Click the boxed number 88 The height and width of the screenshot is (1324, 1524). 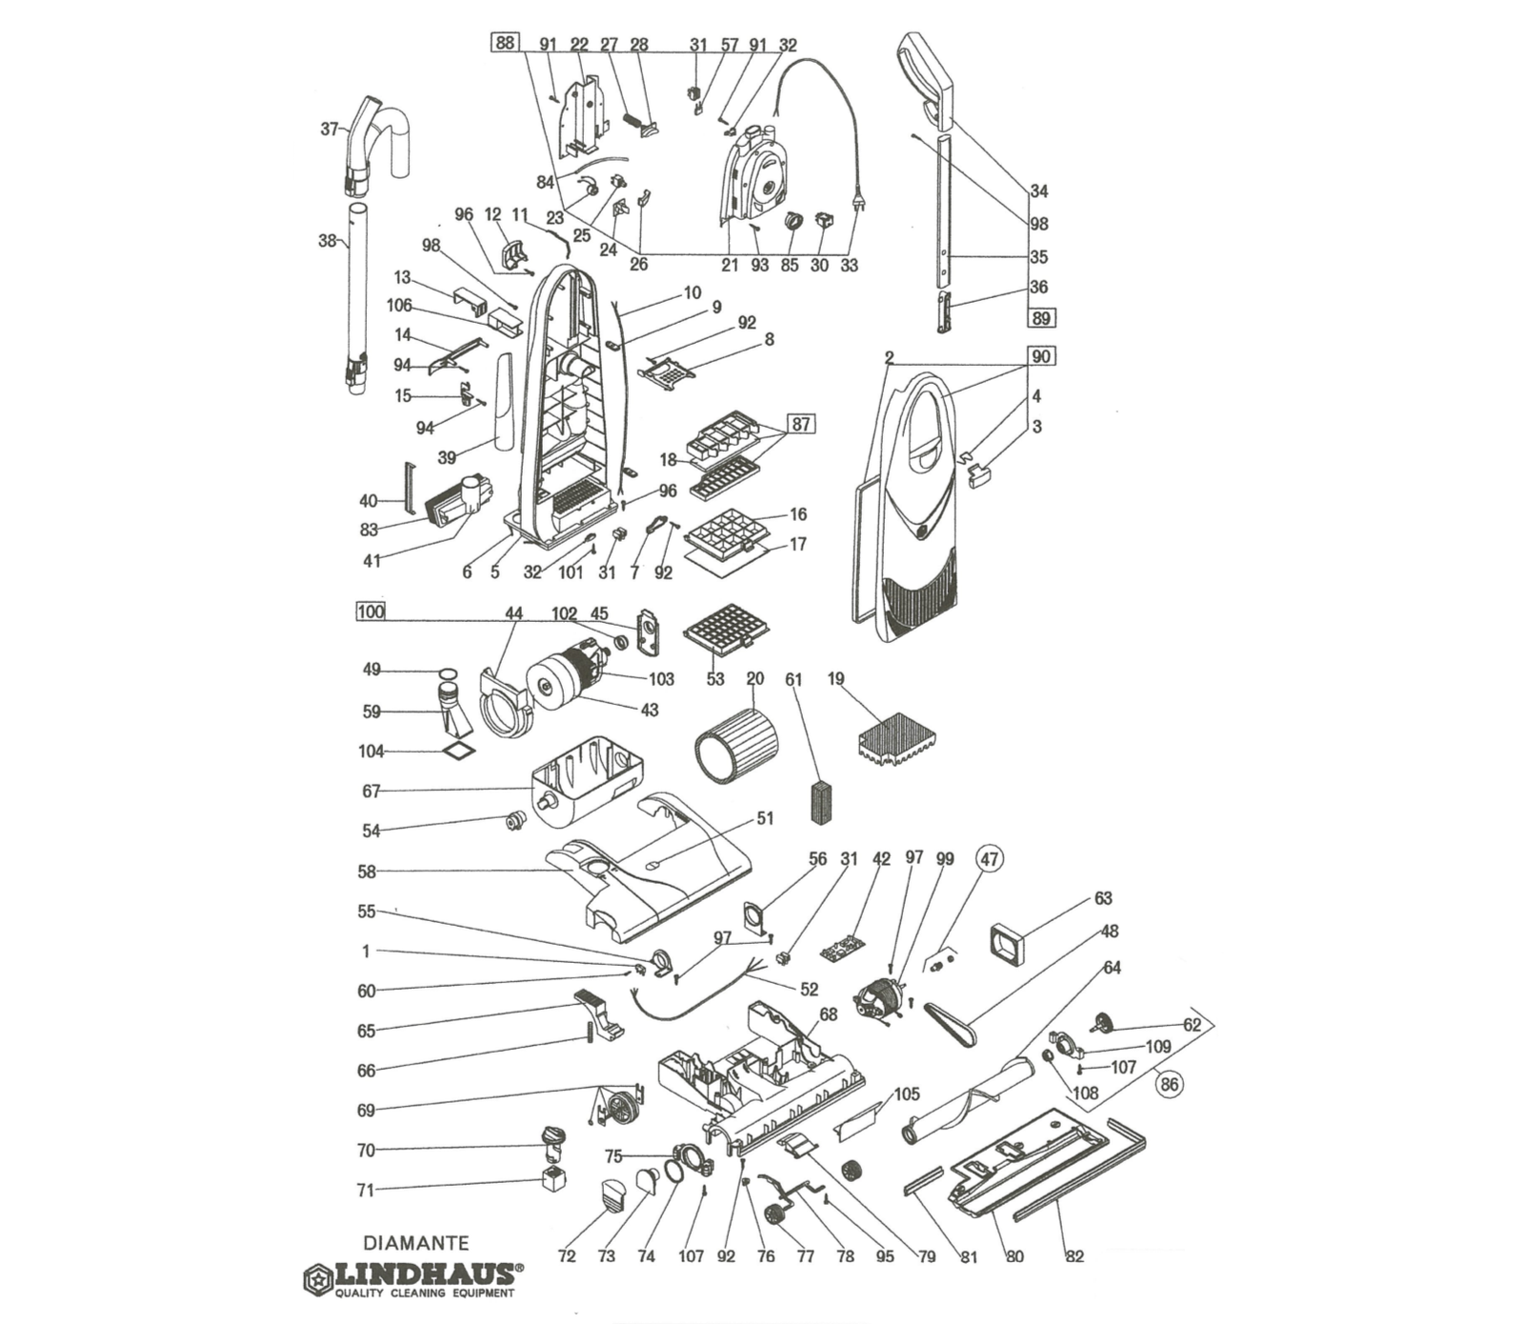tap(504, 42)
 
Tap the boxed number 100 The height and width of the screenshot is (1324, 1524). tap(371, 612)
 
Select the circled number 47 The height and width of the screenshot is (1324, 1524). tap(990, 859)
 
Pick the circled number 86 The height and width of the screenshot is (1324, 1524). tap(1169, 1083)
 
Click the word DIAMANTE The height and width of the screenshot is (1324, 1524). tap(416, 1243)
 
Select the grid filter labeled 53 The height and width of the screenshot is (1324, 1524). tap(727, 628)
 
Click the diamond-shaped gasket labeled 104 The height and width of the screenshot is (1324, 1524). tap(458, 752)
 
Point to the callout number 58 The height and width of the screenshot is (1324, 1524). tap(367, 872)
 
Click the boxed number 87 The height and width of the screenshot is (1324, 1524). tap(801, 424)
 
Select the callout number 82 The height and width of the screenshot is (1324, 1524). tap(1074, 1256)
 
